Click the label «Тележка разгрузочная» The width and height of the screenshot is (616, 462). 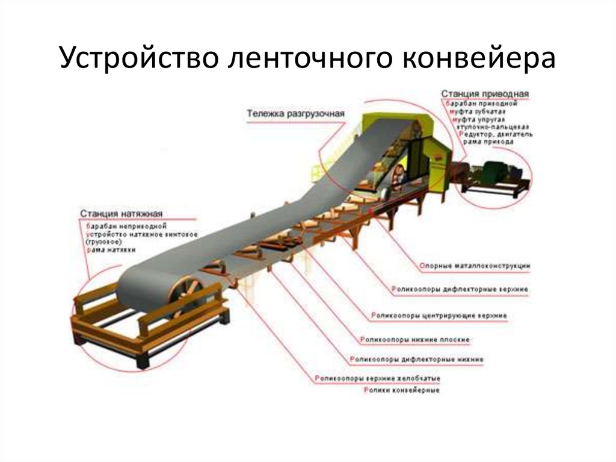point(295,113)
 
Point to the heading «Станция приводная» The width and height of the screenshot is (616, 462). point(485,94)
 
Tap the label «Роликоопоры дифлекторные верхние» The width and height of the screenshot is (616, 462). point(460,290)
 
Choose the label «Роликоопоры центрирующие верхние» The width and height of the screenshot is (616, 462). point(439,315)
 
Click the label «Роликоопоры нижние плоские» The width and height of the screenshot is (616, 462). point(415,340)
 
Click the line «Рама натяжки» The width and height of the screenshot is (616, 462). point(111,249)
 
